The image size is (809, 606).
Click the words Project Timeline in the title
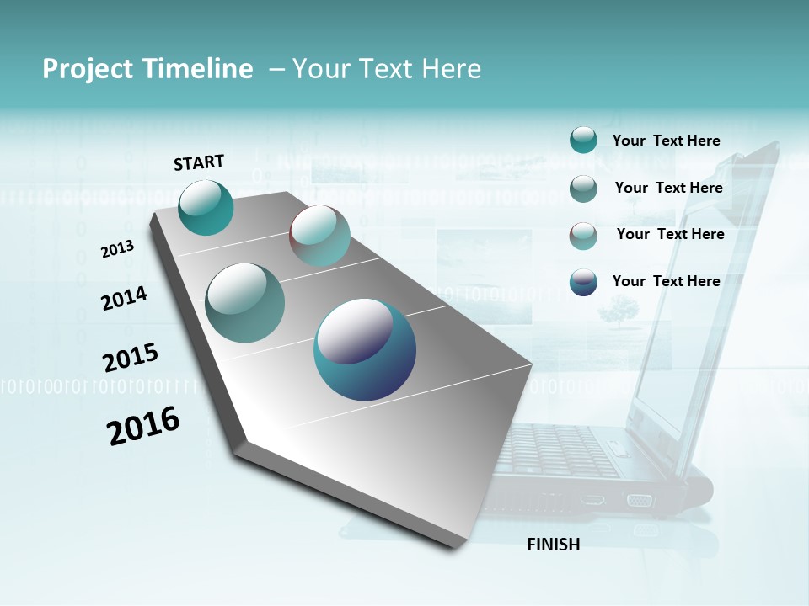pyautogui.click(x=147, y=69)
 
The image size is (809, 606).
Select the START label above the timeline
pyautogui.click(x=199, y=162)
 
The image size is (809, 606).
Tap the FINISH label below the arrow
pyautogui.click(x=553, y=545)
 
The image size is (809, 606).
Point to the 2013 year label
pyautogui.click(x=117, y=249)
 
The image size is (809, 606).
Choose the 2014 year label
pyautogui.click(x=124, y=298)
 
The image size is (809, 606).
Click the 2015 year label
pyautogui.click(x=131, y=357)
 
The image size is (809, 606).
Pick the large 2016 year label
pyautogui.click(x=143, y=426)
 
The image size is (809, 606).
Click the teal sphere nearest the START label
pyautogui.click(x=206, y=207)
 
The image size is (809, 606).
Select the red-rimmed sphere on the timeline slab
pyautogui.click(x=319, y=236)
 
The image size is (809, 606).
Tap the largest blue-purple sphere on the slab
pyautogui.click(x=365, y=349)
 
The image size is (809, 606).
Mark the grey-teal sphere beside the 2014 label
pyautogui.click(x=245, y=303)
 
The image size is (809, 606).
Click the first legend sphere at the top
pyautogui.click(x=583, y=140)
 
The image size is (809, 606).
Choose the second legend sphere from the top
pyautogui.click(x=583, y=189)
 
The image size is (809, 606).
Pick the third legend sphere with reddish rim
pyautogui.click(x=583, y=236)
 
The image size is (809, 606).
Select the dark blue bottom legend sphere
pyautogui.click(x=583, y=282)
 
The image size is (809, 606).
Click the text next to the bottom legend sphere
pyautogui.click(x=666, y=281)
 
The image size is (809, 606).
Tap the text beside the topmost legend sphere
pyautogui.click(x=666, y=141)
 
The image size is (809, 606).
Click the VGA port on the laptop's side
pyautogui.click(x=639, y=500)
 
